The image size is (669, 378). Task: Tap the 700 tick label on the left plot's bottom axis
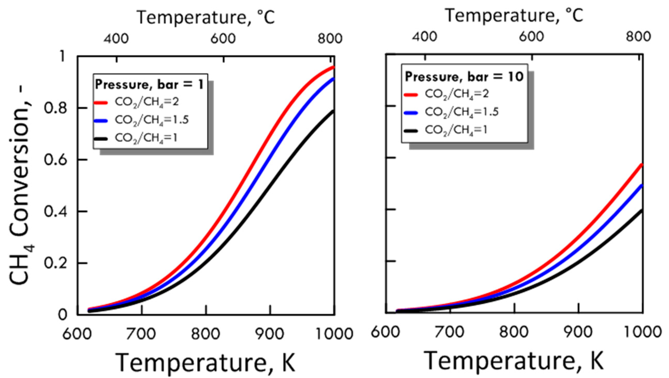tap(141, 334)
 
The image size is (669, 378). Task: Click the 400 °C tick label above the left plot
tap(116, 39)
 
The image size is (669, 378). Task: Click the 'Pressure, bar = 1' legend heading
tap(149, 85)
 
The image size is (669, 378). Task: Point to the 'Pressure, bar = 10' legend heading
tap(464, 77)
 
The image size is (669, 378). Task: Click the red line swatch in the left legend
tap(101, 103)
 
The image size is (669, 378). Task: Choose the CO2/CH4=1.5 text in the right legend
tap(462, 112)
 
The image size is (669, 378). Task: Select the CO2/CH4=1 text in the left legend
tap(146, 138)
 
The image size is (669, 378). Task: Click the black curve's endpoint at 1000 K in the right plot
tap(641, 211)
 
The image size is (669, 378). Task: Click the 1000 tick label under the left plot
tap(334, 334)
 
